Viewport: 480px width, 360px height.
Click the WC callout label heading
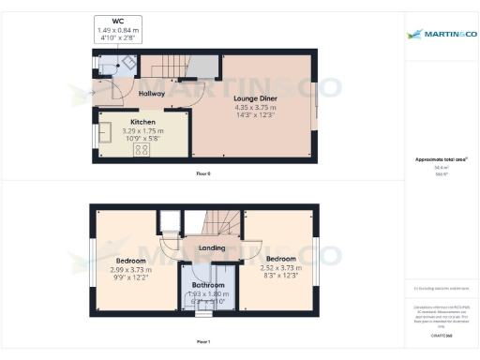coord(117,20)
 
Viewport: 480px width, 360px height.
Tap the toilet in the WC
coord(106,64)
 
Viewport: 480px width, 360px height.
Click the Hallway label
coord(152,94)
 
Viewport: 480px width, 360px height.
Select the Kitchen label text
coord(142,123)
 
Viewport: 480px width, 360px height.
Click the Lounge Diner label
coord(252,97)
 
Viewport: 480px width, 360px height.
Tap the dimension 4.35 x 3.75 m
coord(252,107)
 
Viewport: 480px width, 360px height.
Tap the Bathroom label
coord(208,285)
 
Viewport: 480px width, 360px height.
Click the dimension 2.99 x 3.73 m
coord(130,269)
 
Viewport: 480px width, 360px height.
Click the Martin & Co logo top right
coord(441,35)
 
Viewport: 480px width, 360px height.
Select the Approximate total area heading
coord(440,159)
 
